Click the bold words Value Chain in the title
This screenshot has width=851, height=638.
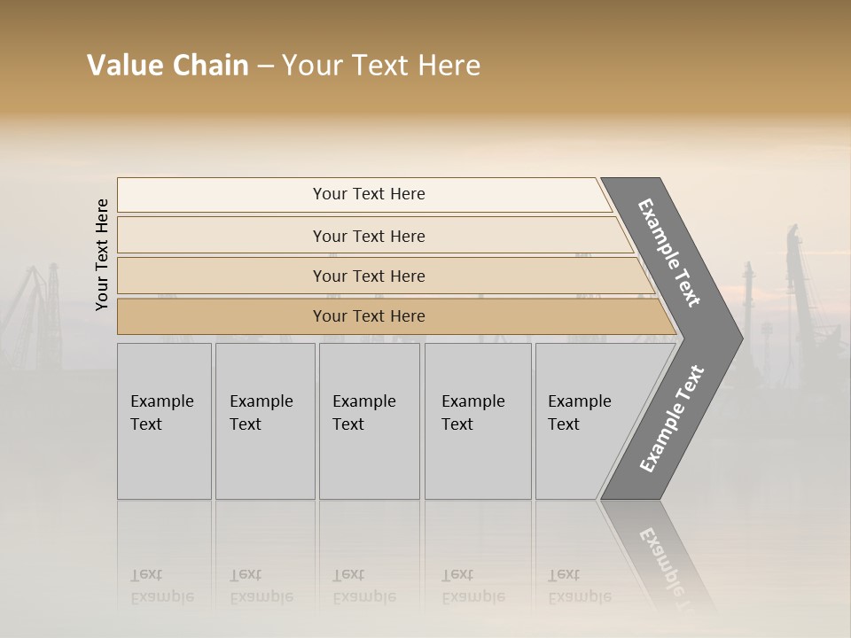[x=168, y=66]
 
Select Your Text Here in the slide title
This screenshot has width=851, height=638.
[x=381, y=66]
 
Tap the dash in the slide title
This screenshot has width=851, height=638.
[x=265, y=66]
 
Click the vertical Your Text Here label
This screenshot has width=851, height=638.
[x=102, y=254]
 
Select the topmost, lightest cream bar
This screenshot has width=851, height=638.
[x=368, y=194]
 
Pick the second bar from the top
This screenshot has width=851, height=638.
[x=369, y=236]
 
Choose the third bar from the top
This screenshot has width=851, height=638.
[x=369, y=276]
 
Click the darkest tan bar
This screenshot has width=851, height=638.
[x=369, y=316]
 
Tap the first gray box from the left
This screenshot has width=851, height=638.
[x=164, y=421]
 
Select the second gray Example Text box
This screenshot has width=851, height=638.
[x=264, y=421]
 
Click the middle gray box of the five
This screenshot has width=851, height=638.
[x=369, y=421]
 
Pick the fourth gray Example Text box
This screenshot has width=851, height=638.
[x=477, y=421]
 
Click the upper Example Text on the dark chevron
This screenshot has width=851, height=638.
[x=669, y=253]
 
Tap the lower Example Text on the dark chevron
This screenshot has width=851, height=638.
[x=671, y=418]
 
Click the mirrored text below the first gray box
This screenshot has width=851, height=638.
[x=161, y=586]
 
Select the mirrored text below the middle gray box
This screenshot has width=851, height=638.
[x=363, y=586]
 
